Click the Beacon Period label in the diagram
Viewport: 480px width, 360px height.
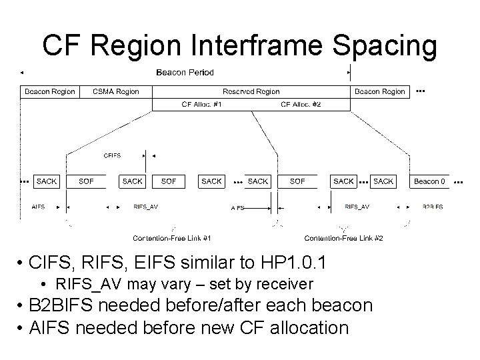(185, 72)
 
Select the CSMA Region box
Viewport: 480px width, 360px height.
(116, 91)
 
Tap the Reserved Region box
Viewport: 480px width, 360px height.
(251, 91)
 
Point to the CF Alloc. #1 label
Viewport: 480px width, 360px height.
(202, 104)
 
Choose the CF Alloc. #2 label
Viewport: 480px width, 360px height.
(301, 104)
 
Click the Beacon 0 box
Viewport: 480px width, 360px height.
(430, 181)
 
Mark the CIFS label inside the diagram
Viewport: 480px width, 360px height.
(113, 155)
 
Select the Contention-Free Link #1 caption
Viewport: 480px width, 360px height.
(172, 238)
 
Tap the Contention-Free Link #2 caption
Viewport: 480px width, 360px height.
(343, 238)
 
